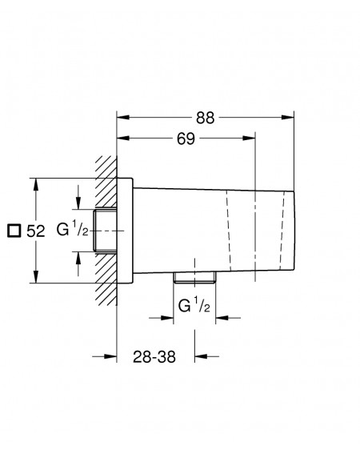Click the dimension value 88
tap(205, 118)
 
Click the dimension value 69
tap(186, 139)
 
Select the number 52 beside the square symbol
tap(36, 231)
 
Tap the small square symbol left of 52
tap(14, 231)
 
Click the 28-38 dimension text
tap(154, 357)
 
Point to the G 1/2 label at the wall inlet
tap(72, 229)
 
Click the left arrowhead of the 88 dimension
tap(123, 117)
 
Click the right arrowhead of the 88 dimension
tap(288, 117)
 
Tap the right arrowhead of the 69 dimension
tap(249, 138)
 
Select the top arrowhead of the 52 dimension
tap(36, 184)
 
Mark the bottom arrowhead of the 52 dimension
tap(36, 276)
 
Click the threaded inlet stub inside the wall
tap(106, 231)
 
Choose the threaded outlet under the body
tap(194, 277)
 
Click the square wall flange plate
tap(125, 231)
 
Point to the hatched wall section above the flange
tap(106, 181)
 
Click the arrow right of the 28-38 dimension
tap(206, 356)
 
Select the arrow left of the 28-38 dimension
tap(105, 356)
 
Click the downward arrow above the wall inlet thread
tap(78, 197)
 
